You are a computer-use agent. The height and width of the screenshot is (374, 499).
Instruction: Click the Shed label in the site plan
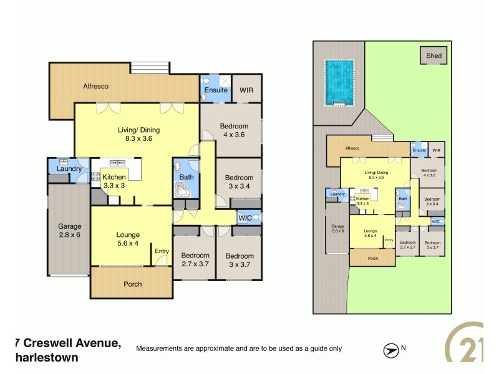(434, 56)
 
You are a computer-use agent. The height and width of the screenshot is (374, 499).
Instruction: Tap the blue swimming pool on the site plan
(338, 82)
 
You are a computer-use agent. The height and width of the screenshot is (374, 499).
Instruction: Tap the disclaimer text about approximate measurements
(239, 348)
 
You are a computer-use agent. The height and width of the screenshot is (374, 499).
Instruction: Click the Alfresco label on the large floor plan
(96, 87)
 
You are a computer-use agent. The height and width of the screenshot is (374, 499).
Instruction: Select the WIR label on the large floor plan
(247, 90)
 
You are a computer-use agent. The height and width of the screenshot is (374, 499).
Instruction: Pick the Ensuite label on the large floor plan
(216, 90)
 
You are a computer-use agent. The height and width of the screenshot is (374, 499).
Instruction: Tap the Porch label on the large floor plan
(132, 284)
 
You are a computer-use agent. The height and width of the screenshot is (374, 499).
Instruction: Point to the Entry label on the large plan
(162, 251)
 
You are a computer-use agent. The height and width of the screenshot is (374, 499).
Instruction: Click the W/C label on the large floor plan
(244, 218)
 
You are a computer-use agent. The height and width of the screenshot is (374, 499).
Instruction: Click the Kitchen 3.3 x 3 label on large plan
(115, 181)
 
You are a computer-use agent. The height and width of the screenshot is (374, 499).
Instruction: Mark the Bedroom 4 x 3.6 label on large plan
(234, 130)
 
